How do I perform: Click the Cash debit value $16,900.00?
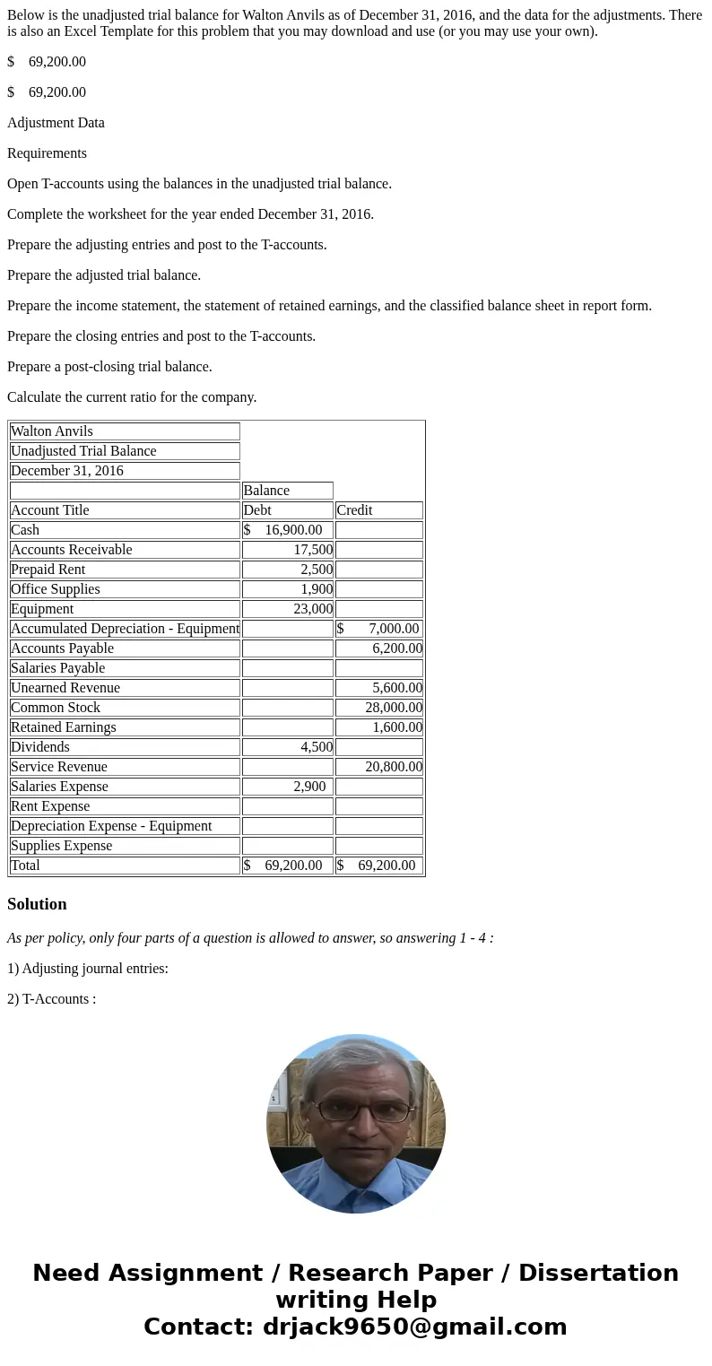click(287, 530)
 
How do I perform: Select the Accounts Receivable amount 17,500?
click(313, 550)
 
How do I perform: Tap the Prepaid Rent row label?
click(48, 570)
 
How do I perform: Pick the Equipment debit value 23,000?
click(313, 609)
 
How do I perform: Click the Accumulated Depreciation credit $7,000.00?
click(378, 629)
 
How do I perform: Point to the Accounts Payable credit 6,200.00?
click(397, 648)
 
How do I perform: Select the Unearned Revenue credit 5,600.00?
click(397, 688)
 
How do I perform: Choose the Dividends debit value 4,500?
click(317, 747)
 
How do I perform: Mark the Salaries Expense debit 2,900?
click(309, 787)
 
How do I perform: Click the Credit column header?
click(354, 510)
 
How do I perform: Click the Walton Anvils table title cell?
click(52, 431)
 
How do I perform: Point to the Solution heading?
click(37, 904)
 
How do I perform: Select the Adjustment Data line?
click(56, 123)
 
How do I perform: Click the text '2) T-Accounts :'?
click(51, 999)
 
